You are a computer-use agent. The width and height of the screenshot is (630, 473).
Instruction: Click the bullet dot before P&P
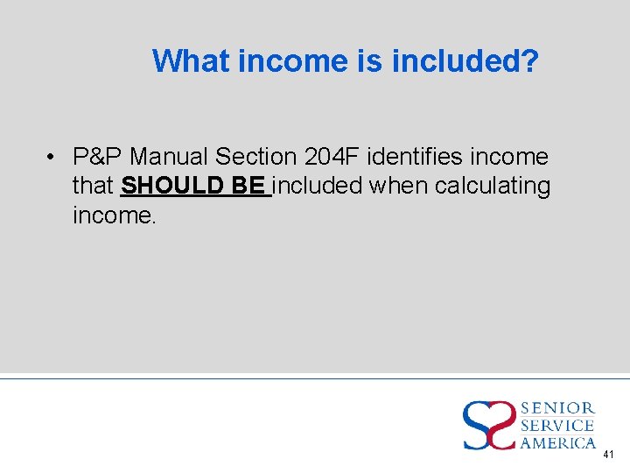[53, 157]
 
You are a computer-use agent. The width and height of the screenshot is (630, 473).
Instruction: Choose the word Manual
[169, 157]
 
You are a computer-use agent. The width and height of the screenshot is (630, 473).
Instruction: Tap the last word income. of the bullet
[115, 215]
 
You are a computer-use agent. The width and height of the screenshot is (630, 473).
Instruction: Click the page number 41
[609, 455]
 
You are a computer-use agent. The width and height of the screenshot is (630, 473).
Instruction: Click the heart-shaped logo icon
[488, 426]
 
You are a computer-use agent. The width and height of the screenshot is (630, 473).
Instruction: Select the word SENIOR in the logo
[558, 408]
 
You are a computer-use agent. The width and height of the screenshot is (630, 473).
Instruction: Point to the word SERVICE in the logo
[558, 426]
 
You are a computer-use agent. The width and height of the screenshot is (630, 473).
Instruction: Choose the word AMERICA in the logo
[558, 443]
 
